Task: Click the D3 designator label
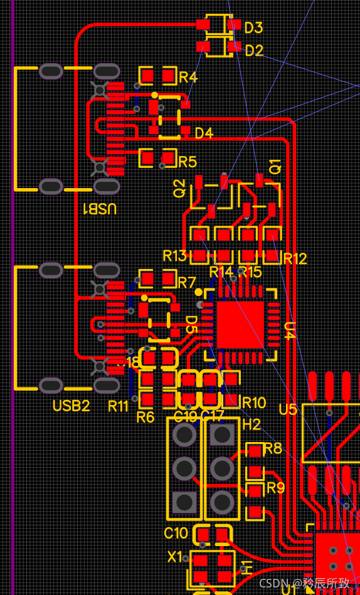tap(253, 28)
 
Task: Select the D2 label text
tap(253, 51)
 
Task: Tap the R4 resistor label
tap(188, 78)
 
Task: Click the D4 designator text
tap(204, 134)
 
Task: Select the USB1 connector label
tap(100, 209)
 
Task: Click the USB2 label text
tap(71, 406)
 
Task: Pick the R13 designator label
tap(175, 256)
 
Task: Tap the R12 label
tap(295, 259)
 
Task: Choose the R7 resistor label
tap(187, 283)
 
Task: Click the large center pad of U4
tap(240, 324)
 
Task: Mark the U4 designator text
tap(290, 330)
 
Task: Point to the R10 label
tap(254, 403)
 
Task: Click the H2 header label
tap(251, 425)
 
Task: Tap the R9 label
tap(275, 487)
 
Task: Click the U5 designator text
tap(288, 410)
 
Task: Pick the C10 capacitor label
tap(176, 533)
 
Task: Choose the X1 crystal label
tap(175, 557)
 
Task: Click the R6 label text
tap(145, 417)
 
